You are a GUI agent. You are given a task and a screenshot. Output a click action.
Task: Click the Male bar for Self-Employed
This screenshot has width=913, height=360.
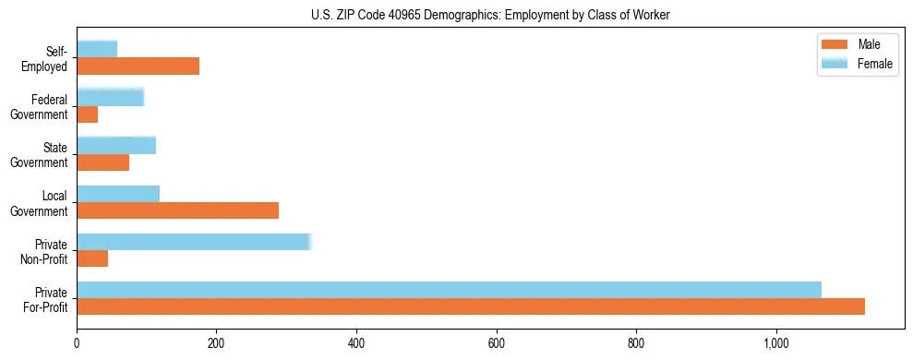138,66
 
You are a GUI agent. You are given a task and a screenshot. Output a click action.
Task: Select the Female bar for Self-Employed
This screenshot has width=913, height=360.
97,49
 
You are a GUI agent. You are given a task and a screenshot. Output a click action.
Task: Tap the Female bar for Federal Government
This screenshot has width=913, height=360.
110,97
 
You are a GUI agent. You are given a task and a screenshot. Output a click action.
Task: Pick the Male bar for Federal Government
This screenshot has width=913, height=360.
87,114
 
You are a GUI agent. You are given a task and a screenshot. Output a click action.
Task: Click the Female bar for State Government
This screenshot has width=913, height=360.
116,145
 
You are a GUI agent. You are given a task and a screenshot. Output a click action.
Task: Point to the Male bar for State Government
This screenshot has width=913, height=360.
102,162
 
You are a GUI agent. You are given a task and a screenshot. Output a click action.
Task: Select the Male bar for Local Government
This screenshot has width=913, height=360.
177,210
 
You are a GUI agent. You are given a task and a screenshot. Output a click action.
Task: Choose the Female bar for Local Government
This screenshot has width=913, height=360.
118,193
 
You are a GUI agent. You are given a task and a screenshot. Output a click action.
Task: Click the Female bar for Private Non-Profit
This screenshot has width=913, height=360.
194,242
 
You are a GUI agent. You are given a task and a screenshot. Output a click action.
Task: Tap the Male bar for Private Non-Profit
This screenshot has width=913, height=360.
92,258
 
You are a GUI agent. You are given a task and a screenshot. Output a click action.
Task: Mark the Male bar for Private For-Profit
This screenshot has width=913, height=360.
471,306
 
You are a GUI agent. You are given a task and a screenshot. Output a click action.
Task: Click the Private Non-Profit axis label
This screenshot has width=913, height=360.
49,250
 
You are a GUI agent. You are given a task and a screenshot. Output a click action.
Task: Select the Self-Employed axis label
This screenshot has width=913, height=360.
49,58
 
